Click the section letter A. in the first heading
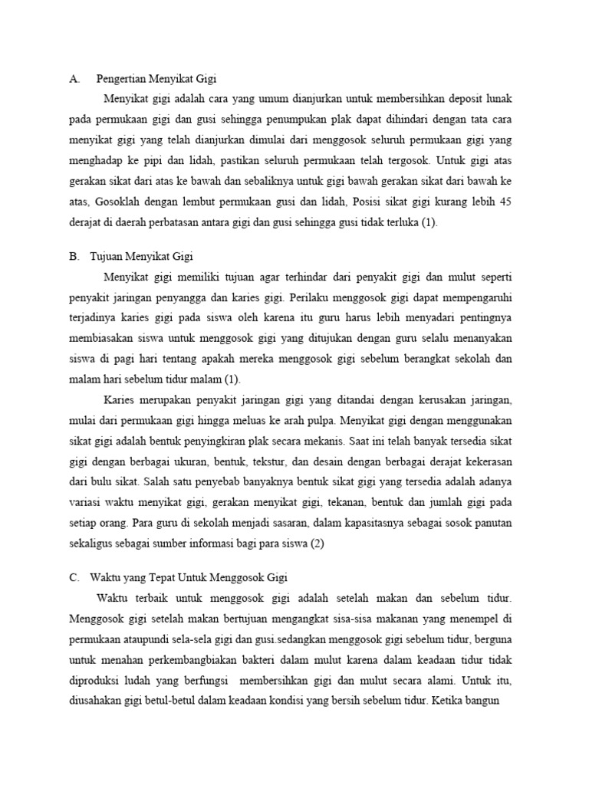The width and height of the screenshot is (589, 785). (x=74, y=78)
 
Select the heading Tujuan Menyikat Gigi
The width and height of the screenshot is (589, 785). (x=146, y=257)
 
